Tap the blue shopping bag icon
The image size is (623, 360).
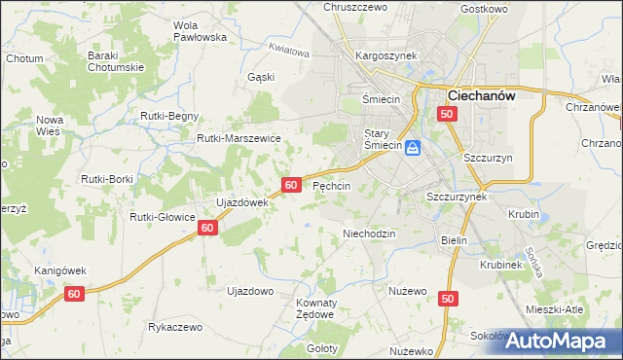pyautogui.click(x=413, y=148)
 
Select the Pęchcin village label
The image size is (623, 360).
pyautogui.click(x=331, y=185)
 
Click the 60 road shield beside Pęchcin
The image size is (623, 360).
pyautogui.click(x=291, y=184)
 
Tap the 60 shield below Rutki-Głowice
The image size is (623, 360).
pyautogui.click(x=206, y=227)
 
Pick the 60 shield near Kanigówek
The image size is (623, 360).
pyautogui.click(x=75, y=293)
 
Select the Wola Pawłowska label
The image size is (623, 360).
pyautogui.click(x=199, y=30)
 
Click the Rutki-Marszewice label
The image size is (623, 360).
pyautogui.click(x=238, y=138)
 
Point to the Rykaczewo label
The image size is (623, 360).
pyautogui.click(x=175, y=327)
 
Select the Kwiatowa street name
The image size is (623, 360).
pyautogui.click(x=289, y=51)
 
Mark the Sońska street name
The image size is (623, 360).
pyautogui.click(x=531, y=261)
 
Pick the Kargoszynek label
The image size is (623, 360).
pyautogui.click(x=386, y=55)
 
